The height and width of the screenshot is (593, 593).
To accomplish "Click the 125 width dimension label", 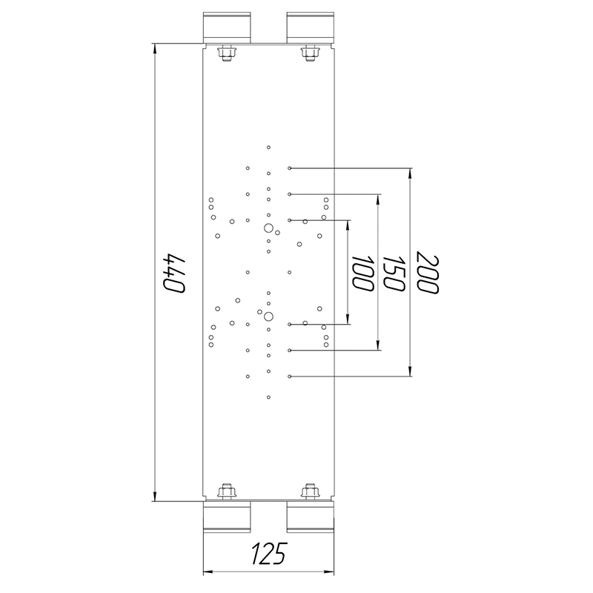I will (269, 553).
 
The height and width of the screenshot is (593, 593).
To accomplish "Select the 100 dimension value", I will (362, 273).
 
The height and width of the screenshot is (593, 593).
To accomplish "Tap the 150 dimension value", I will (393, 273).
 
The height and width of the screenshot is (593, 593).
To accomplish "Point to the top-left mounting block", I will (226, 27).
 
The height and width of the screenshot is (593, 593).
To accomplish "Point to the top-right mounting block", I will (310, 27).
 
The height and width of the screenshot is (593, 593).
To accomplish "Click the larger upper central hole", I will (268, 228).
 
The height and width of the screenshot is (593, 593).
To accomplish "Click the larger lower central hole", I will (268, 317).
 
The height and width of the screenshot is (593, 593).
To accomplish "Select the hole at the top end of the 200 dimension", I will (290, 168).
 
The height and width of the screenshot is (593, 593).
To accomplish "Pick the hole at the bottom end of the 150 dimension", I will (290, 350).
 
